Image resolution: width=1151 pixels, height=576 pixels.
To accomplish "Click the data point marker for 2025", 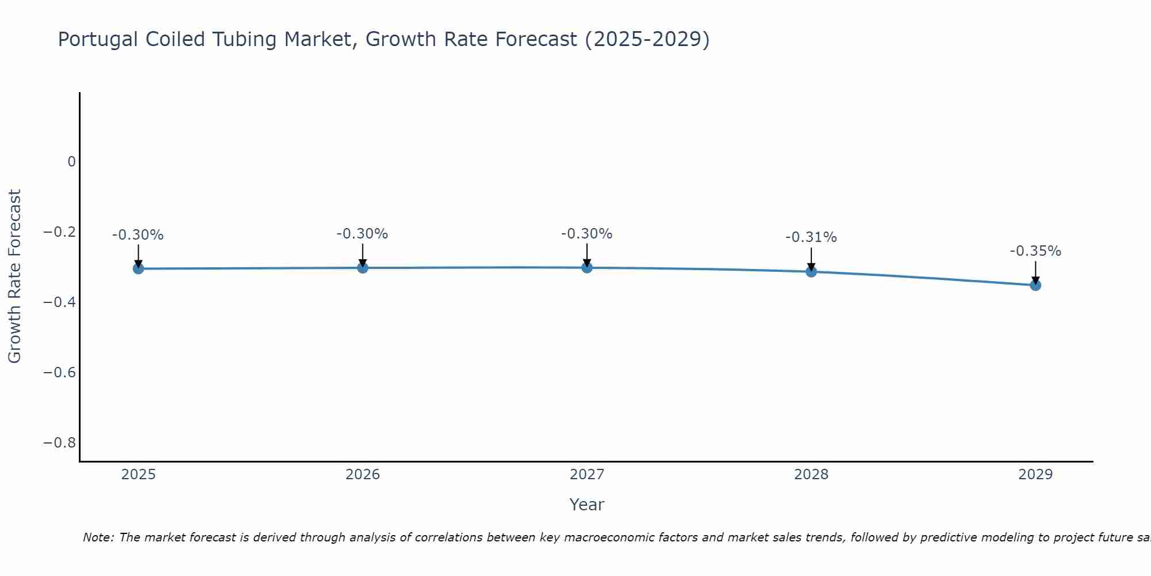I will point(138,268).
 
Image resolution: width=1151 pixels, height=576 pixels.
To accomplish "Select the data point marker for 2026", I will point(363,267).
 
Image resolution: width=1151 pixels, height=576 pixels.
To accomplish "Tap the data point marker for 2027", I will point(587,267).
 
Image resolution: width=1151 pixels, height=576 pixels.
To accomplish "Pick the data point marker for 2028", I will point(811,271).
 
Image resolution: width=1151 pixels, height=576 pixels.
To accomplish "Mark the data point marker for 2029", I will point(1035,285).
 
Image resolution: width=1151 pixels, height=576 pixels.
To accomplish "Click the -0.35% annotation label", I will point(1035,251).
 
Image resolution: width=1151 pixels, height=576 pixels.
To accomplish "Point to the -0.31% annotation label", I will point(811,237).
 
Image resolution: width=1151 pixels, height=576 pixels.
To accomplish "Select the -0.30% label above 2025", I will point(138,235).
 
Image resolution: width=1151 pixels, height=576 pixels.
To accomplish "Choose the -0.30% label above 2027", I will point(586,234).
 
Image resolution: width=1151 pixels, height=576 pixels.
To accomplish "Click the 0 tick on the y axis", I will point(71,162).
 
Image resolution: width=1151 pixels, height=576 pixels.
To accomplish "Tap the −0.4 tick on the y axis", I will point(60,302).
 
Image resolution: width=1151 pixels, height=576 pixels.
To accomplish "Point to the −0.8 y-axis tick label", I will point(60,443).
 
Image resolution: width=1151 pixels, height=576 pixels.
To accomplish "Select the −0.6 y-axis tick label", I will point(60,373).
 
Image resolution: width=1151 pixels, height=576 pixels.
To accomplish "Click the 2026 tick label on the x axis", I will point(363,475).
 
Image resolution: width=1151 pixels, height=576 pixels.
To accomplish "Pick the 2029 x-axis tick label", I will point(1035,475).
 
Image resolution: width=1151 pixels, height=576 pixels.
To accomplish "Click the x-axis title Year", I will point(586,505).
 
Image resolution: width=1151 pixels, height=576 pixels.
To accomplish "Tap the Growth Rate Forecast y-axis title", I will point(14,276).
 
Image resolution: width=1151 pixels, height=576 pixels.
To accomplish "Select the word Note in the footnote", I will point(97,537).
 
